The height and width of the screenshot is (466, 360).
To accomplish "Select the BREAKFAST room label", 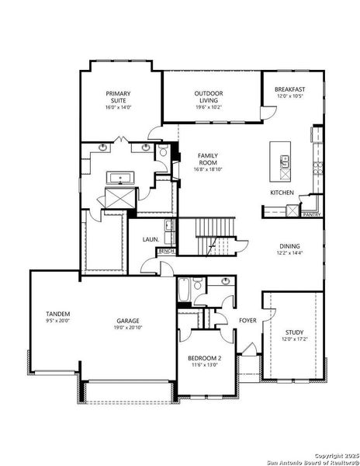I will (x=289, y=89).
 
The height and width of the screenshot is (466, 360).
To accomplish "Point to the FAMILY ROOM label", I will (x=207, y=158).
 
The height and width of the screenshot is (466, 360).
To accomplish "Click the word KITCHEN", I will (x=281, y=193).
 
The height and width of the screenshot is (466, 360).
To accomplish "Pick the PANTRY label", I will (x=312, y=214).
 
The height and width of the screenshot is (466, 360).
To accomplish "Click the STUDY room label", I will (x=293, y=332).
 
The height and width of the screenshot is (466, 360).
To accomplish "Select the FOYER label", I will (x=247, y=320).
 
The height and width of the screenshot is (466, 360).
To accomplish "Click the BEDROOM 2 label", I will (x=205, y=358).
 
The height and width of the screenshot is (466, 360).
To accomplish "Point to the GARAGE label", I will (x=128, y=320).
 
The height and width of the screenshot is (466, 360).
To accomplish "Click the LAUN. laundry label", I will (x=151, y=240).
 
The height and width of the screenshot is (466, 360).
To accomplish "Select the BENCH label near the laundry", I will (x=166, y=252).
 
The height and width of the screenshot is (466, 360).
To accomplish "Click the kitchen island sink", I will (x=285, y=163).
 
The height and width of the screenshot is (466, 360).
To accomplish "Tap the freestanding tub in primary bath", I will (x=119, y=178).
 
